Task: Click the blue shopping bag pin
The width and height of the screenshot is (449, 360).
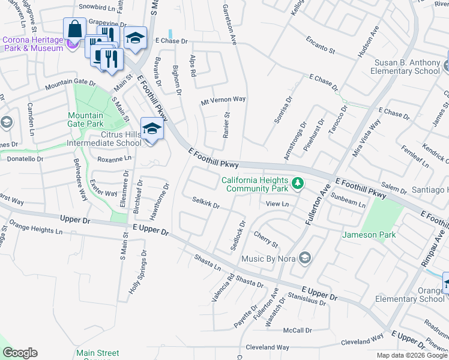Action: click(75, 29)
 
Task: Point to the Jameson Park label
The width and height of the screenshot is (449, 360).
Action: click(369, 235)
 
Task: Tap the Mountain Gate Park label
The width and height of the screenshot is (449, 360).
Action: click(86, 119)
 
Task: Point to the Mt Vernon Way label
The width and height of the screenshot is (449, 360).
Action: click(223, 100)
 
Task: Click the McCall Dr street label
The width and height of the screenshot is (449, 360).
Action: click(298, 330)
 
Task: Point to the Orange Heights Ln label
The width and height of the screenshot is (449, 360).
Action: click(35, 229)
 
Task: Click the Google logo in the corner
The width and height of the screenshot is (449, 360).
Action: click(20, 353)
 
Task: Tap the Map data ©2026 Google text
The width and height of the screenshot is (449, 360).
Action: click(411, 355)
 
